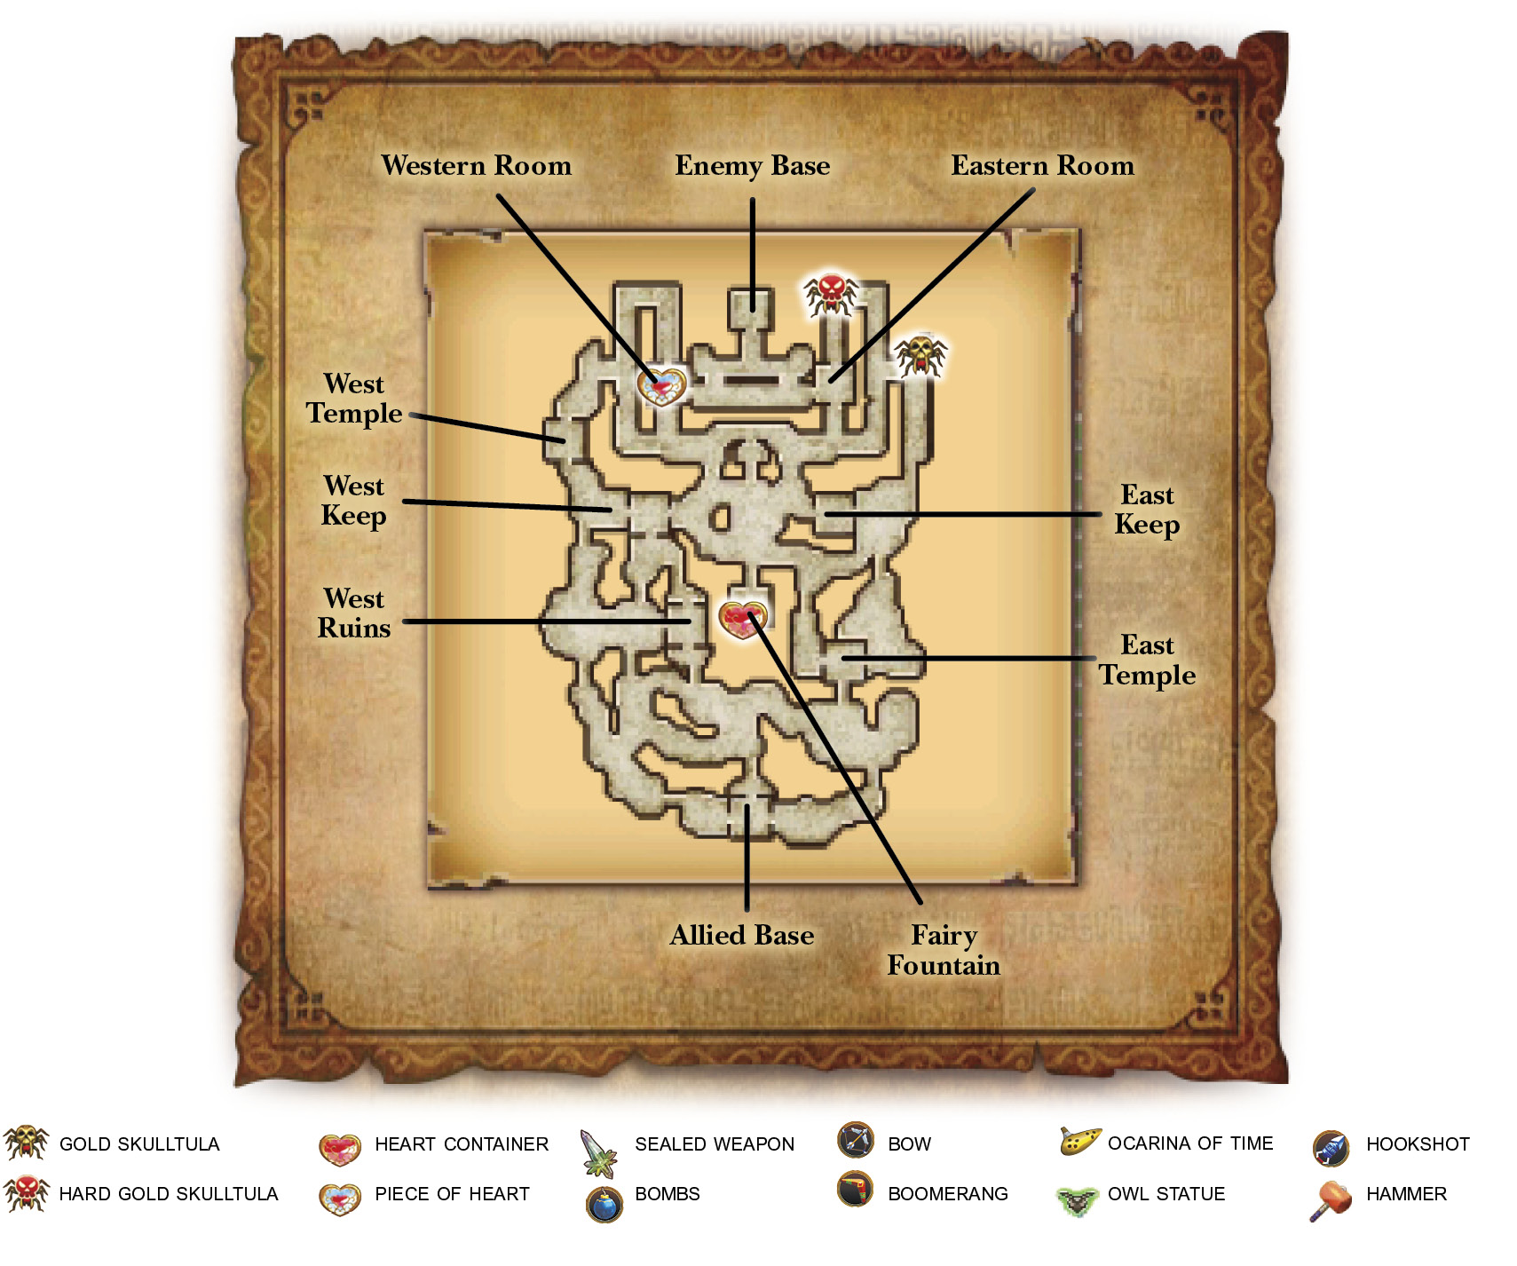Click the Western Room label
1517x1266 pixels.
[x=477, y=166]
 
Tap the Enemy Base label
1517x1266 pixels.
[x=753, y=166]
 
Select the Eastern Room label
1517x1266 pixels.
[x=1043, y=166]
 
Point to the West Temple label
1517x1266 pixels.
[x=354, y=399]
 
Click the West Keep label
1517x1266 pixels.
[x=354, y=501]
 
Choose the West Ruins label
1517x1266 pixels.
[x=354, y=613]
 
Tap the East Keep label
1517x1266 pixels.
[x=1147, y=510]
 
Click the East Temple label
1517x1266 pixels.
[x=1147, y=660]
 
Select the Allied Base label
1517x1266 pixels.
[x=742, y=935]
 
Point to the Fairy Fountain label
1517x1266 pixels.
[x=944, y=950]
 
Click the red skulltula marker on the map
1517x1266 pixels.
[x=831, y=294]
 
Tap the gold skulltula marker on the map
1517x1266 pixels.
[x=920, y=355]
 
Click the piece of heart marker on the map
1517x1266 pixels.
[x=662, y=386]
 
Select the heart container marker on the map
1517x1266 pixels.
[x=743, y=620]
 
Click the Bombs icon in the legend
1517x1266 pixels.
[x=604, y=1204]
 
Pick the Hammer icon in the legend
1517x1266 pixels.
[x=1331, y=1200]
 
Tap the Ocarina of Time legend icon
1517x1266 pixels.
[x=1080, y=1141]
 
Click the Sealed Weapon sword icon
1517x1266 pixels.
[x=599, y=1152]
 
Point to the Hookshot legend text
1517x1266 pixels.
[x=1418, y=1144]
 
